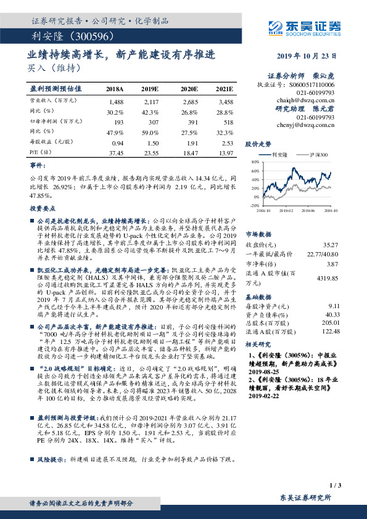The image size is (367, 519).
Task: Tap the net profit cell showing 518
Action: click(x=227, y=123)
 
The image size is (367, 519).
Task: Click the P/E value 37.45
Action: click(x=115, y=152)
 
